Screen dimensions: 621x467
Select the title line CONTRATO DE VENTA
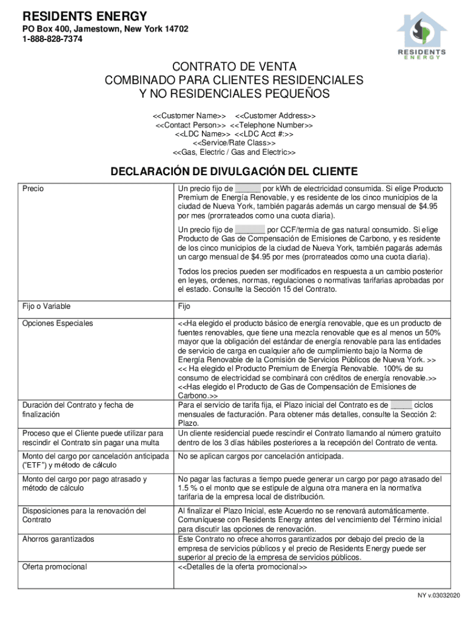click(233, 67)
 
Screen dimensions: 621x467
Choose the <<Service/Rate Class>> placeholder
click(233, 143)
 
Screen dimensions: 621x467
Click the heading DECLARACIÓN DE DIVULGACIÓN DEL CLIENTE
click(233, 172)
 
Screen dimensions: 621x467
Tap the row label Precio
click(33, 189)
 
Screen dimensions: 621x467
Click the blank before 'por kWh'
click(247, 189)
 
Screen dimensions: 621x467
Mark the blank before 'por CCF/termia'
click(250, 230)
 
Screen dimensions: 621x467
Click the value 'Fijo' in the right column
click(184, 306)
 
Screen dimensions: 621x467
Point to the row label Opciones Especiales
click(58, 323)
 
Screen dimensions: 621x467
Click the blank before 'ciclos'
click(401, 405)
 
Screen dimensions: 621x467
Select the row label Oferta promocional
click(55, 567)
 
